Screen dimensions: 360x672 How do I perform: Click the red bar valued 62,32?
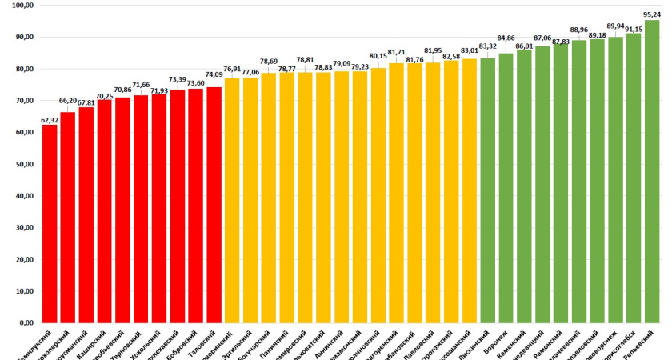(x=50, y=224)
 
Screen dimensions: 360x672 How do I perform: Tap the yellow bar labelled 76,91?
(x=232, y=200)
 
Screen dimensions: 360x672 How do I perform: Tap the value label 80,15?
(x=378, y=57)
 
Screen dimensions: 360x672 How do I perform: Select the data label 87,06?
(x=542, y=38)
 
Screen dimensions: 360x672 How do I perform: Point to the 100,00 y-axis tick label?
(x=23, y=5)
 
